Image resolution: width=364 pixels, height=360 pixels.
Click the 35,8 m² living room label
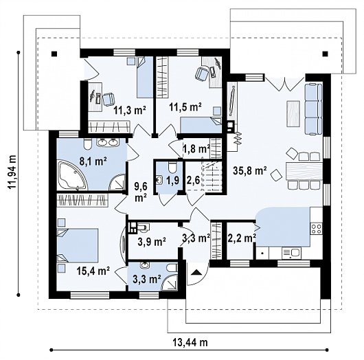pos(250,170)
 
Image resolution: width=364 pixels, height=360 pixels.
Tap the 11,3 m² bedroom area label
pos(130,110)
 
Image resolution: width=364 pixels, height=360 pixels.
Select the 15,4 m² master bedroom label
pos(93,271)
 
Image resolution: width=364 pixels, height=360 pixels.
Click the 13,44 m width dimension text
pos(190,342)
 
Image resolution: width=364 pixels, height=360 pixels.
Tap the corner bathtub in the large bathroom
pos(73,176)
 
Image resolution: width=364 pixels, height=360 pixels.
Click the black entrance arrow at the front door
pos(196,272)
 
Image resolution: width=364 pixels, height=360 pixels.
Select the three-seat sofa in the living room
pos(313,109)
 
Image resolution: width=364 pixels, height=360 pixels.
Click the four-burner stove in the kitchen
pos(316,229)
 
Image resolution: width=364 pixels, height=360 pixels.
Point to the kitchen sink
pos(292,253)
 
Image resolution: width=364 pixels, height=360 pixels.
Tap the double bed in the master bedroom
pos(78,245)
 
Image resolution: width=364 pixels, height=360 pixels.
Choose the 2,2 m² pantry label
pos(242,238)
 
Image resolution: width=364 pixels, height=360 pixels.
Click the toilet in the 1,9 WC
pos(172,167)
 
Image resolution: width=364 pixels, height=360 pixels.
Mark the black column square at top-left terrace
pos(54,54)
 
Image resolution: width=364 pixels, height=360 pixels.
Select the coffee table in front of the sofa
pos(293,113)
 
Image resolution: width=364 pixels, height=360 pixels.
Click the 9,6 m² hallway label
pos(140,192)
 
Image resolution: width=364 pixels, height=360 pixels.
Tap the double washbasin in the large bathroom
pos(108,142)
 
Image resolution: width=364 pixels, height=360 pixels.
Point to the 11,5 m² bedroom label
pos(185,107)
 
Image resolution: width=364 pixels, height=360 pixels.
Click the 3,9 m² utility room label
pos(152,242)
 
